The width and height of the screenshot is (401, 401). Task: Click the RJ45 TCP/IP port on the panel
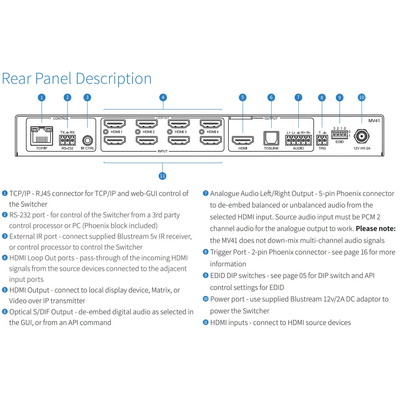(42, 136)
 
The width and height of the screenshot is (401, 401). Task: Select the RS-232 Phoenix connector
(67, 140)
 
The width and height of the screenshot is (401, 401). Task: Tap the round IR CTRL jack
(87, 140)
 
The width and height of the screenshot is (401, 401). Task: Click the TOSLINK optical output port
(271, 138)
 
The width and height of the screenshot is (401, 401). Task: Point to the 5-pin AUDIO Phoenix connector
(299, 140)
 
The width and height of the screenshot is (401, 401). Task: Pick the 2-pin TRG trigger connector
(322, 140)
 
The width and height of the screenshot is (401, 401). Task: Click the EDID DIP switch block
(339, 133)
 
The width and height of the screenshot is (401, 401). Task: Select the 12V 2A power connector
(362, 136)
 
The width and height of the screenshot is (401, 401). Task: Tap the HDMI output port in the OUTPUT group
(243, 140)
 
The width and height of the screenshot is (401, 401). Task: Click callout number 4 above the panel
(163, 97)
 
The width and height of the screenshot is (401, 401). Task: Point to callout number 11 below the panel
(162, 176)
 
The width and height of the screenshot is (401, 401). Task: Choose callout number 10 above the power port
(362, 97)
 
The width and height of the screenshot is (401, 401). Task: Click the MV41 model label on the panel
(374, 121)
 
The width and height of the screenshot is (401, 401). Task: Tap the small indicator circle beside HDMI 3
(169, 132)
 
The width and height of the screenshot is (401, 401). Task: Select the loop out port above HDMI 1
(115, 124)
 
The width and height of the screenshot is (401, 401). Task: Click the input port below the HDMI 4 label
(211, 140)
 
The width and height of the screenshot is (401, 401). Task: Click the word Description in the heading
(114, 79)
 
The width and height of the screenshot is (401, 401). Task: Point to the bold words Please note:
(375, 228)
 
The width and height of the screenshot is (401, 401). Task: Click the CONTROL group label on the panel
(60, 118)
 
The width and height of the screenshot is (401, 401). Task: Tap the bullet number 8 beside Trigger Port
(206, 252)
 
